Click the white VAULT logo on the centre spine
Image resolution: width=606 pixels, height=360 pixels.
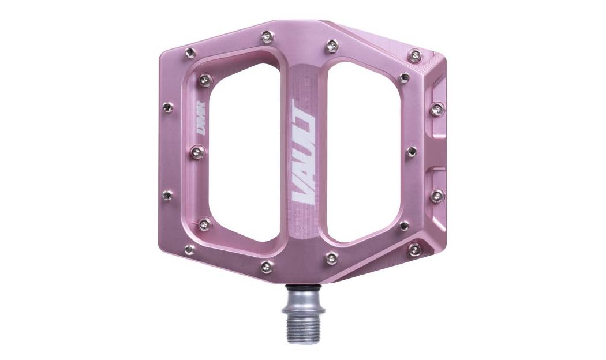click(304, 152)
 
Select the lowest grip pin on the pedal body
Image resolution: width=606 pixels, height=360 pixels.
click(266, 266)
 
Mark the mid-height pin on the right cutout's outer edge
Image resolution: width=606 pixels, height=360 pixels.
click(412, 151)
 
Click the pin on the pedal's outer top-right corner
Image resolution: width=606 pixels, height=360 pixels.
click(414, 55)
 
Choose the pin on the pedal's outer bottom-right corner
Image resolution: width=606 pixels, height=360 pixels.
click(414, 249)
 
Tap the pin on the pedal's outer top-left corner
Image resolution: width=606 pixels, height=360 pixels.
click(189, 54)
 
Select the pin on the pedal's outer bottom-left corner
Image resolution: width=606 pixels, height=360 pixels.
click(189, 249)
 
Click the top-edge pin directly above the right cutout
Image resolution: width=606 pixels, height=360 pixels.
click(332, 44)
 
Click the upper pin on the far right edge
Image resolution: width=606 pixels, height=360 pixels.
click(437, 107)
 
